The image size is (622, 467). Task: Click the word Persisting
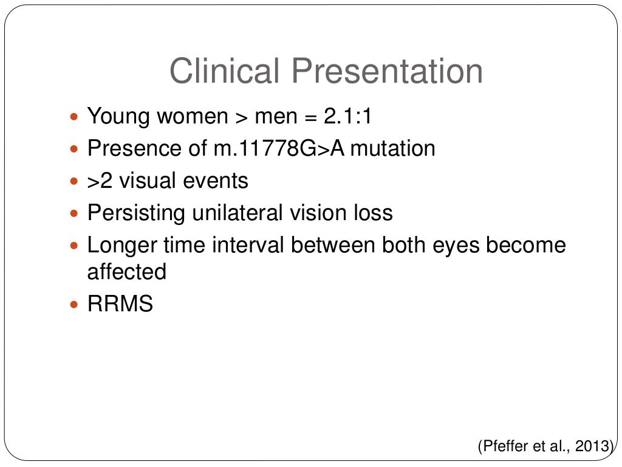pyautogui.click(x=136, y=213)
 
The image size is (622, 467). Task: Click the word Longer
pyautogui.click(x=121, y=246)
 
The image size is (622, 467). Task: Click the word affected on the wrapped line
pyautogui.click(x=126, y=272)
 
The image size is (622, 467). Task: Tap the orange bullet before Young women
pyautogui.click(x=75, y=116)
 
